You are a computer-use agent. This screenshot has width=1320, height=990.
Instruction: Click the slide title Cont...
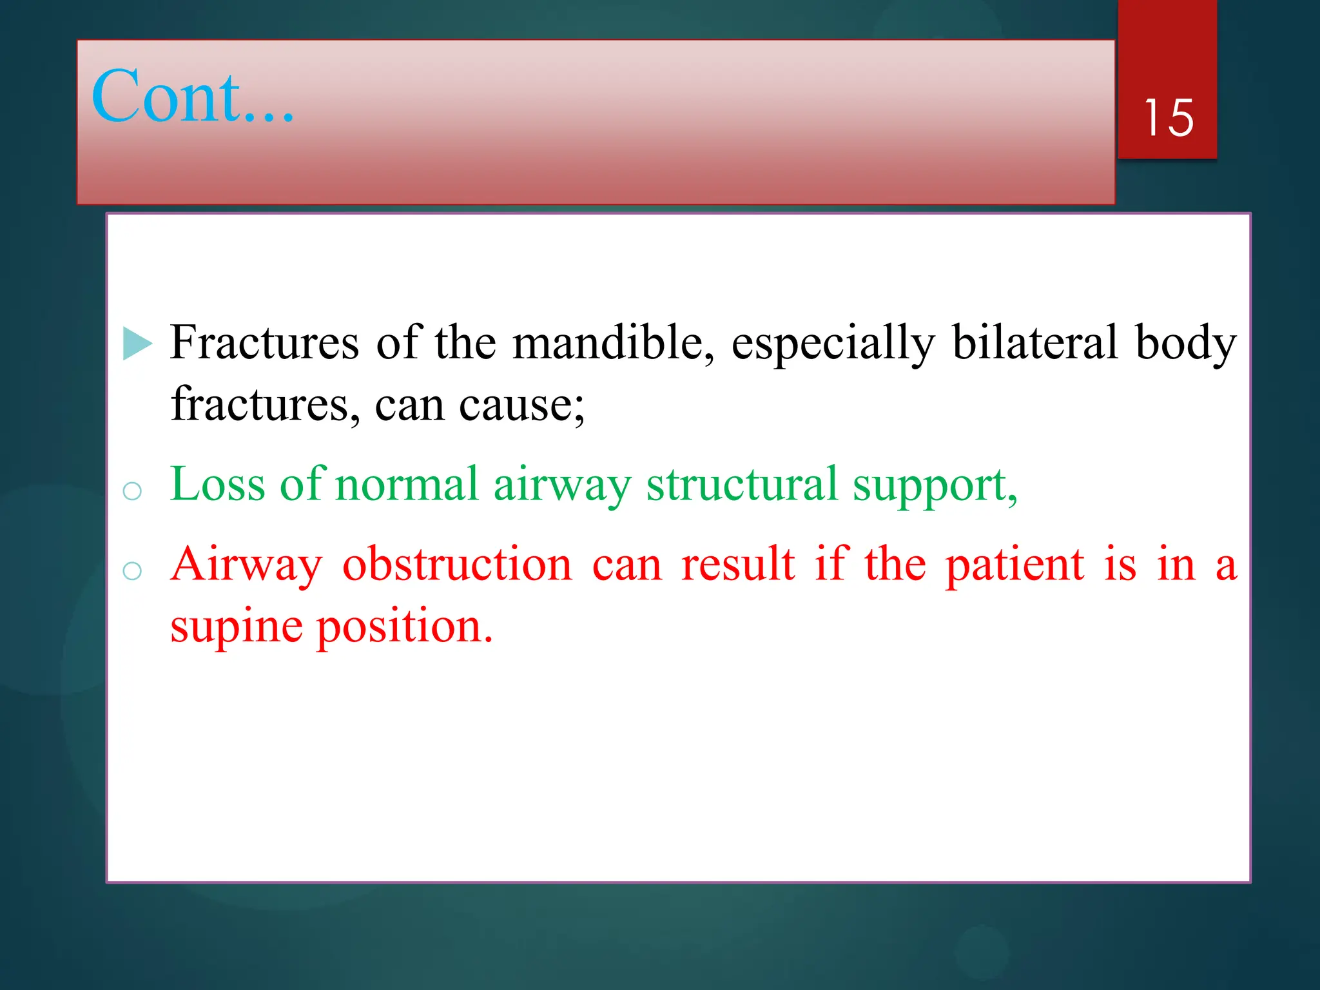(192, 97)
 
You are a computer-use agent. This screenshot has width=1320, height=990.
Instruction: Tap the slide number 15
(1168, 118)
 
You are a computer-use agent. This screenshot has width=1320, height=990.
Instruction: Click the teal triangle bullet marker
(137, 343)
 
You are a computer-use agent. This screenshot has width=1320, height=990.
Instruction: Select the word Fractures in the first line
(264, 343)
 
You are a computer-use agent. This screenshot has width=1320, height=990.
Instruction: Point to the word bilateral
(1034, 343)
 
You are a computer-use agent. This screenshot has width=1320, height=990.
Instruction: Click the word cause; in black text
(521, 406)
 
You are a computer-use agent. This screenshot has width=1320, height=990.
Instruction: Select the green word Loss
(217, 485)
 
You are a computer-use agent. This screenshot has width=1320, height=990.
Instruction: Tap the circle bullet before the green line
(132, 491)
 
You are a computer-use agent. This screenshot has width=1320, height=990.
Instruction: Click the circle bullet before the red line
(132, 570)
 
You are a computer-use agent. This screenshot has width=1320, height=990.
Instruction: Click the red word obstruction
(457, 565)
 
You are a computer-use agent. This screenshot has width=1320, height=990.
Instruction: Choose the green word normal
(407, 485)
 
